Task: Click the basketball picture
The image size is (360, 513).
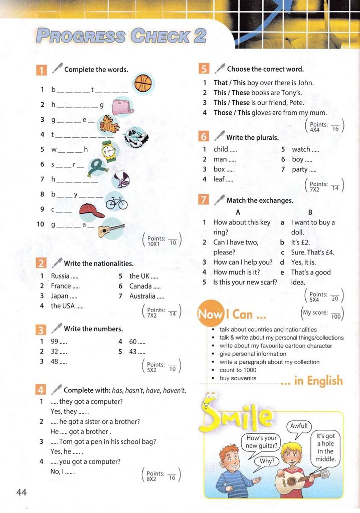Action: point(144,82)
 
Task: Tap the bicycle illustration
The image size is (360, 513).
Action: point(116,201)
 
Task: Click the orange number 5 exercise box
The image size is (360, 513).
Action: point(204,69)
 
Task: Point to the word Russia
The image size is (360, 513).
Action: point(60,276)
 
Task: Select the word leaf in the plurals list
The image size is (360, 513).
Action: point(219,179)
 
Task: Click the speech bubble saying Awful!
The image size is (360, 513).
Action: point(299,426)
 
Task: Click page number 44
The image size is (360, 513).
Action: point(21,492)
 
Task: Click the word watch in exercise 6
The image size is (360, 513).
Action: point(301,149)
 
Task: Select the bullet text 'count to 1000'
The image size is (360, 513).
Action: point(238,370)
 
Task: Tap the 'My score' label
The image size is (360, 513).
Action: point(315,313)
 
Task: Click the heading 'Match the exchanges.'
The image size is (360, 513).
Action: point(260,200)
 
